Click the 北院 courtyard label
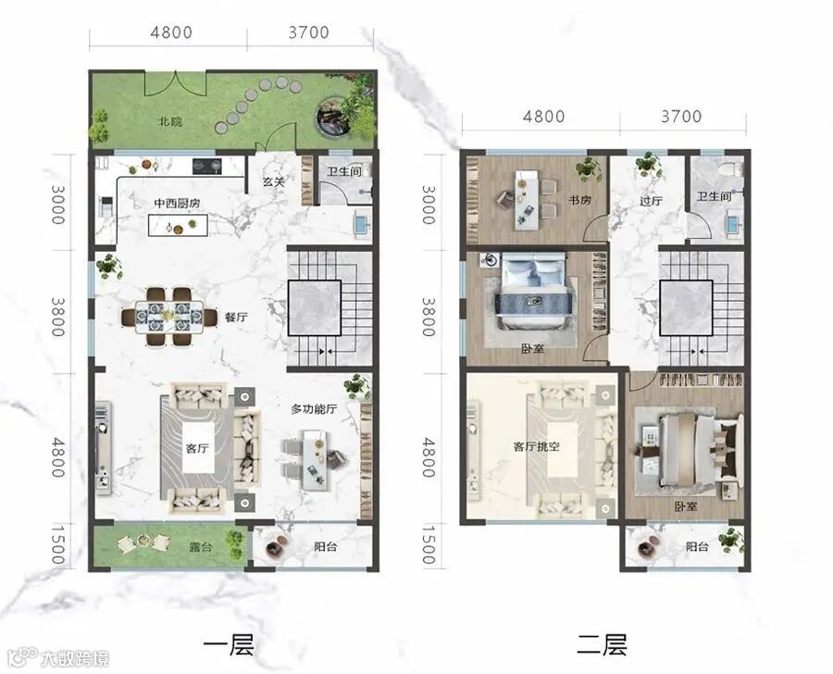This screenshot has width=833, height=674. coord(170,121)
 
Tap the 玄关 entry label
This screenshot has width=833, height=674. coord(274,181)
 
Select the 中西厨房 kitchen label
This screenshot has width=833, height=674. coord(177,204)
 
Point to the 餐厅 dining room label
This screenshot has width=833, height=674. coord(236,318)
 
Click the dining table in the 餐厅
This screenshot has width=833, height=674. coord(169,318)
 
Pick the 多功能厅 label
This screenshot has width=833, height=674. coord(314,409)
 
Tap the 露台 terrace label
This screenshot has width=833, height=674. coord(201,547)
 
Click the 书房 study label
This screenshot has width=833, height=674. coord(580,200)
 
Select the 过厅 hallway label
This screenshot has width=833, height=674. coord(651,201)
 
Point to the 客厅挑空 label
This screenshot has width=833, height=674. coord(537,446)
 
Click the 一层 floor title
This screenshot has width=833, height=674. coord(229,645)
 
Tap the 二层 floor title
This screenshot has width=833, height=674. coord(602,645)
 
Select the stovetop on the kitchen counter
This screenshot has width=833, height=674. coord(206,167)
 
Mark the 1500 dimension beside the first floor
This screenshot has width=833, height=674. coord(58,544)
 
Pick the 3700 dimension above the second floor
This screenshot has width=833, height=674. coord(681,116)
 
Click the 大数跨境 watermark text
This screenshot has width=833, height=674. coord(76,659)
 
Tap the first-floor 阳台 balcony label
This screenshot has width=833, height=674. coord(325,546)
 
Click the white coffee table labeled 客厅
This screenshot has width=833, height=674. coord(198,447)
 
